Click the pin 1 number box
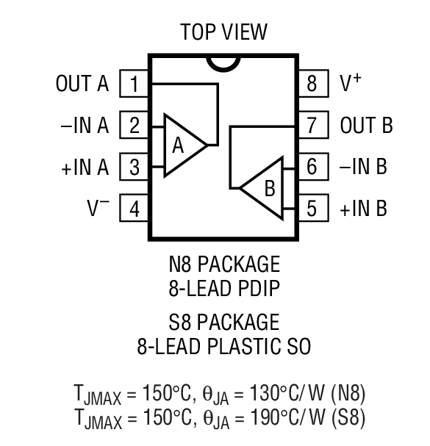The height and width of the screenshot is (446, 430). [x=135, y=84]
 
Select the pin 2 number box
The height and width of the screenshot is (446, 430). [x=135, y=126]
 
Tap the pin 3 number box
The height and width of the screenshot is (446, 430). [x=135, y=168]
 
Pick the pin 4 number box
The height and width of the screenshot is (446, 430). [x=135, y=209]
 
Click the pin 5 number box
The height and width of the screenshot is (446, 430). [x=312, y=209]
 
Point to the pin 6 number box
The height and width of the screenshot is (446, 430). [x=312, y=168]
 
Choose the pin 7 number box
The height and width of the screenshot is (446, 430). [x=312, y=126]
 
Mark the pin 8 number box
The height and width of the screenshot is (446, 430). [x=312, y=84]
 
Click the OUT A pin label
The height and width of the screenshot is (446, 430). [x=82, y=84]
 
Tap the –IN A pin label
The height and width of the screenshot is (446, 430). [x=84, y=126]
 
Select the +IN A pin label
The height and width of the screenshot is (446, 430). [x=85, y=168]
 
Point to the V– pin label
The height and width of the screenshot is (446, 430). [x=98, y=209]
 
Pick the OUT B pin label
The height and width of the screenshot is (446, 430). [x=366, y=126]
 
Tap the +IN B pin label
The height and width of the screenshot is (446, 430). [x=363, y=209]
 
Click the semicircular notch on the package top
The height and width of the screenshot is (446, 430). [x=223, y=62]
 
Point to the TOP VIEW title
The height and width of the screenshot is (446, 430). [x=223, y=32]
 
